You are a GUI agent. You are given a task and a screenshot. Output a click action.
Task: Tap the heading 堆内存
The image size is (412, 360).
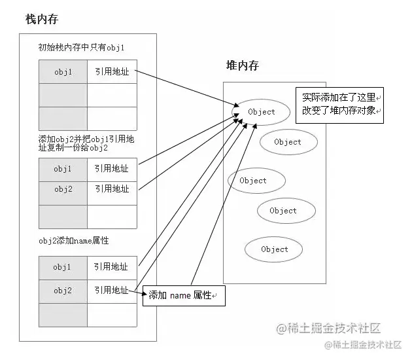(x=242, y=65)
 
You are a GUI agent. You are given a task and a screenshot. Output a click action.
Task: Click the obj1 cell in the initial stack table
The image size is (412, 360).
(x=63, y=72)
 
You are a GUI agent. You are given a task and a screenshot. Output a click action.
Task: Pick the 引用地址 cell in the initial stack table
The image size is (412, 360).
(x=112, y=72)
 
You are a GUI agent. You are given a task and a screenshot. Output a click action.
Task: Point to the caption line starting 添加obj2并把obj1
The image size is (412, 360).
(x=86, y=139)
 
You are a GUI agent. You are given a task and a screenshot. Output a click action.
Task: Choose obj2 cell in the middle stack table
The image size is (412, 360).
(x=63, y=189)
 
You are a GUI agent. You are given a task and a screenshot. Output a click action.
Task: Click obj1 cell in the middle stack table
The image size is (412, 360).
(x=63, y=169)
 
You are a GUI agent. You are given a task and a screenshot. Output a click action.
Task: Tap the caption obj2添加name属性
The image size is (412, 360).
(x=73, y=241)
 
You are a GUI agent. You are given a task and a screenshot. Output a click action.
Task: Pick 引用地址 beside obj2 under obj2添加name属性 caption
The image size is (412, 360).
(x=111, y=290)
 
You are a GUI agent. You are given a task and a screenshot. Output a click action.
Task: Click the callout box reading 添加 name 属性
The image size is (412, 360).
(x=184, y=295)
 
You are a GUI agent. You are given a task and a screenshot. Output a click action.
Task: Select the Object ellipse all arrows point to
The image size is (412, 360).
(x=262, y=111)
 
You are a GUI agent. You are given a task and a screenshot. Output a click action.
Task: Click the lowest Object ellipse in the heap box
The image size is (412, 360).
(x=274, y=249)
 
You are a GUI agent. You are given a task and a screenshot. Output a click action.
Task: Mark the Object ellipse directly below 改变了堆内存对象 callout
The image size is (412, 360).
(x=288, y=142)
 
